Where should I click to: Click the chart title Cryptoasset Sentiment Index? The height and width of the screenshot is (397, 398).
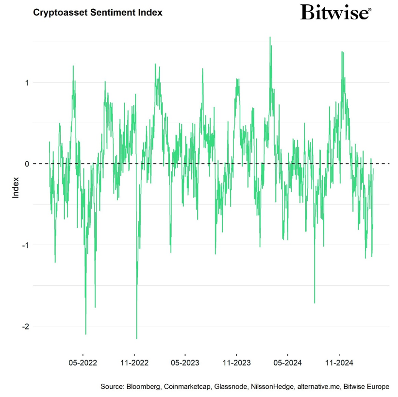point(98,12)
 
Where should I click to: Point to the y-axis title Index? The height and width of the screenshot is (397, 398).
point(16,187)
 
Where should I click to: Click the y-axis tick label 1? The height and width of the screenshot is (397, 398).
point(27,83)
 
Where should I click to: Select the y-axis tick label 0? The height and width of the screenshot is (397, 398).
point(27,164)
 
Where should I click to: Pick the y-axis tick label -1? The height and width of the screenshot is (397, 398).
point(25,245)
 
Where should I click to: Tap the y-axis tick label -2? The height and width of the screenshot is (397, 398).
point(25,327)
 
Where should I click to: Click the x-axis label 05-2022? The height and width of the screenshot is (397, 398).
point(83,362)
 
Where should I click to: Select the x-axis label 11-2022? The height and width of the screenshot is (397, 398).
point(134,362)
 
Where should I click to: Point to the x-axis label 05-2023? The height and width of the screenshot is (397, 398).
point(185,362)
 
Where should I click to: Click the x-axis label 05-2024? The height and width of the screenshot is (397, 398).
point(287,362)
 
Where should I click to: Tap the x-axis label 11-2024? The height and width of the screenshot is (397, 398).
point(338,362)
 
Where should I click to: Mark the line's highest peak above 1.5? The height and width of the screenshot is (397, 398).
point(270,37)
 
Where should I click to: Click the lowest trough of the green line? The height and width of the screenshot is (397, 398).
point(136,338)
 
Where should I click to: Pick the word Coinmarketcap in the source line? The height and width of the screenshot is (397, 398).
point(187,387)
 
